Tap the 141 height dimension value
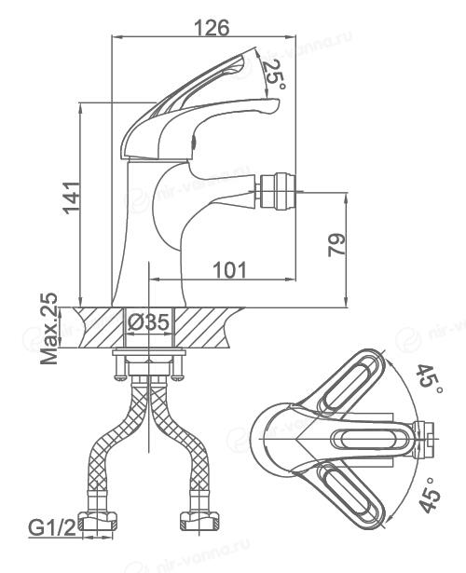tap(71, 198)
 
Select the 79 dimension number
tap(336, 245)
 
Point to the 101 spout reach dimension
tap(229, 270)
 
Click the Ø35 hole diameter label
tap(149, 322)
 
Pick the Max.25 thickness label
tap(49, 329)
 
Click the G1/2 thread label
tap(52, 527)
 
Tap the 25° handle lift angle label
tap(274, 75)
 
